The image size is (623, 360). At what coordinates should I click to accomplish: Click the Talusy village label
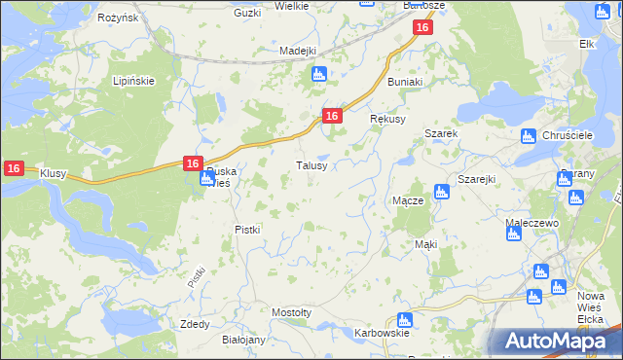317,166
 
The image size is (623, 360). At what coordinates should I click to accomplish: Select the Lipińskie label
133,81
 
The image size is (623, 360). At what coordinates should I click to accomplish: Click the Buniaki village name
405,83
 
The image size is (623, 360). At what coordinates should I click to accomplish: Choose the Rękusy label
387,118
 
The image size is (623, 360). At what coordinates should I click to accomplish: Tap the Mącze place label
407,200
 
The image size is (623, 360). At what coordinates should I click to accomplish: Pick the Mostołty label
291,312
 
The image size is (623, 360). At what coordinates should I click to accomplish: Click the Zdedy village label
195,324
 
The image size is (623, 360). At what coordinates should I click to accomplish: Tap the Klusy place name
53,173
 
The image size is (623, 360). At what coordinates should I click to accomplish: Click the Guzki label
248,13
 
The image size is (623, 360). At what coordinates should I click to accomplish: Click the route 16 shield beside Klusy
14,168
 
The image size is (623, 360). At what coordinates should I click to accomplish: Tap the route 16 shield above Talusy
332,116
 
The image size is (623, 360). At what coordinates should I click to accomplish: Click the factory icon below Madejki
317,75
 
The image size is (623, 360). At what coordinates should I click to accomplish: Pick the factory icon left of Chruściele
528,136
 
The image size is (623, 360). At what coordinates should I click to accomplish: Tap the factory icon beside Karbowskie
404,319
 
